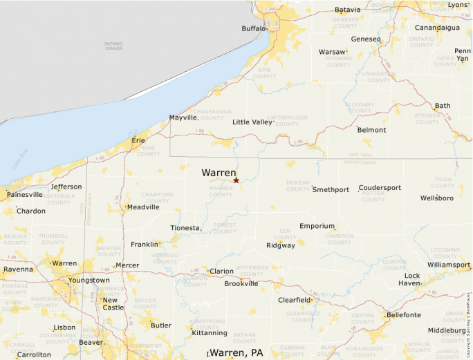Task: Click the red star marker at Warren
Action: tap(236, 180)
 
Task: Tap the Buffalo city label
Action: tap(253, 28)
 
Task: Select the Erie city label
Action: tap(138, 140)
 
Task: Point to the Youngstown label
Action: tap(89, 280)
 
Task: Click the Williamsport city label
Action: tap(449, 265)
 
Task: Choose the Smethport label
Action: tap(331, 189)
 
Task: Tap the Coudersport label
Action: tap(380, 188)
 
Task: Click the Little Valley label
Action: tap(252, 122)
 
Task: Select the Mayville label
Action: tap(184, 118)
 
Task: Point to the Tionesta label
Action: tap(185, 228)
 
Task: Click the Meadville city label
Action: tap(143, 207)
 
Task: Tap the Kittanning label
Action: tap(208, 333)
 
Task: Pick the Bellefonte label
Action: tap(404, 314)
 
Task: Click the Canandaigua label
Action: tap(437, 28)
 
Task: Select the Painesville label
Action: tap(25, 195)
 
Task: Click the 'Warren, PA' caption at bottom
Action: tap(236, 352)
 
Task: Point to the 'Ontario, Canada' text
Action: tap(113, 46)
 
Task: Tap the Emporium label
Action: tap(317, 226)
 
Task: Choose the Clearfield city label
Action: tap(294, 300)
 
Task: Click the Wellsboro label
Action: tap(437, 198)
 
